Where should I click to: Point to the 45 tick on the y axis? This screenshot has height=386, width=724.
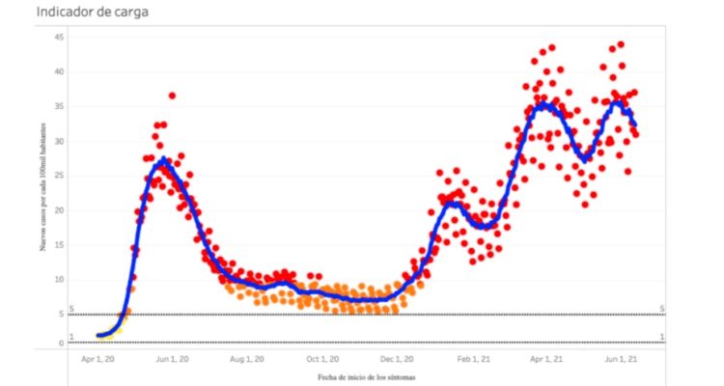coord(59,37)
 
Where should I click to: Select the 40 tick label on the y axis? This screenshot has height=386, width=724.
coord(59,71)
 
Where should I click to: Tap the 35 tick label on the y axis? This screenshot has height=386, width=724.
coord(59,106)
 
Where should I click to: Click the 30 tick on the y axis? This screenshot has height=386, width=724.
coord(59,141)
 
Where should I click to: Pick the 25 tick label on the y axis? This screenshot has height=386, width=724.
coord(59,176)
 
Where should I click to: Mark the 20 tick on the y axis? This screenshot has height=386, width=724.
coord(59,210)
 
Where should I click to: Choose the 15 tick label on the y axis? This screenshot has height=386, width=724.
coord(59,245)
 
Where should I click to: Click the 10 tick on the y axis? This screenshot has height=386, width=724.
coord(59,280)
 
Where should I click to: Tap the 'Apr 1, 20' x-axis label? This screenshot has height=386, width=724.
coord(97,358)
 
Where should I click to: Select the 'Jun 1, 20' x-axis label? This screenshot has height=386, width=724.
coord(172,358)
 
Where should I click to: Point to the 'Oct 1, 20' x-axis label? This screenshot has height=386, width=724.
coord(322,358)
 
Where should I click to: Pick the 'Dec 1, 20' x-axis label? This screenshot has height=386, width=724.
coord(397,358)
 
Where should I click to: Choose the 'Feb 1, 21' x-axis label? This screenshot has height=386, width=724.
coord(473,358)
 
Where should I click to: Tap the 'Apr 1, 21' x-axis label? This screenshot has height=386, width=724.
coord(545,358)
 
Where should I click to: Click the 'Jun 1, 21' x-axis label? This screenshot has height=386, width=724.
coord(620,358)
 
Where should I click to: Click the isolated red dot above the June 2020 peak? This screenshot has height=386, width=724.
coord(172,96)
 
